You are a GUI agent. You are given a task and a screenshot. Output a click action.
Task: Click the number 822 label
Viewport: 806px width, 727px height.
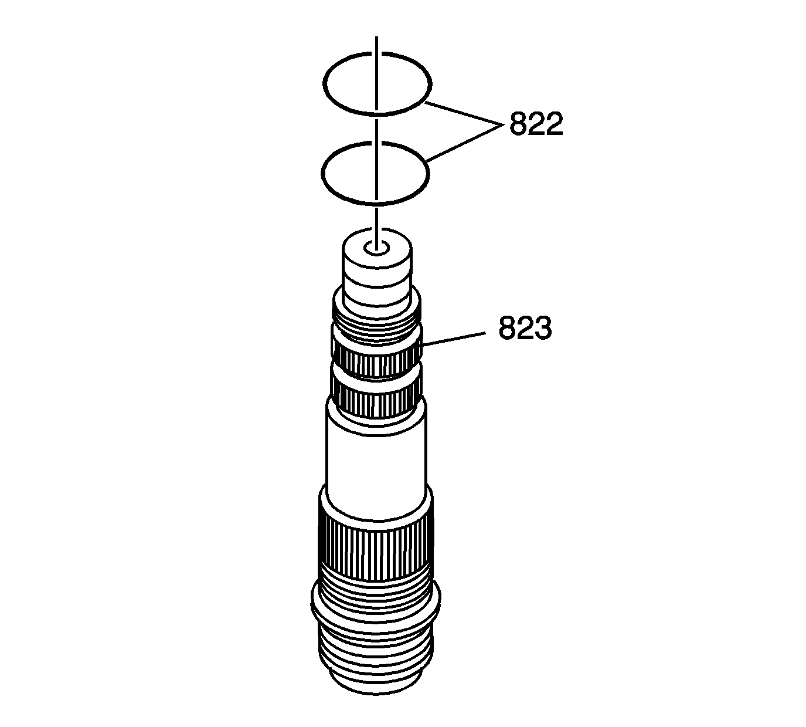pyautogui.click(x=536, y=124)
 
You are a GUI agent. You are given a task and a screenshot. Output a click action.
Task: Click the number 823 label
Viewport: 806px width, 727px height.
pyautogui.click(x=525, y=329)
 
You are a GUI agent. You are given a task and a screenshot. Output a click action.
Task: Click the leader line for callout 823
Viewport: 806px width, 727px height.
pyautogui.click(x=452, y=339)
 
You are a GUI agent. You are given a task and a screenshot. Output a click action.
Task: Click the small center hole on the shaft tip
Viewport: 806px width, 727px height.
pyautogui.click(x=376, y=248)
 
